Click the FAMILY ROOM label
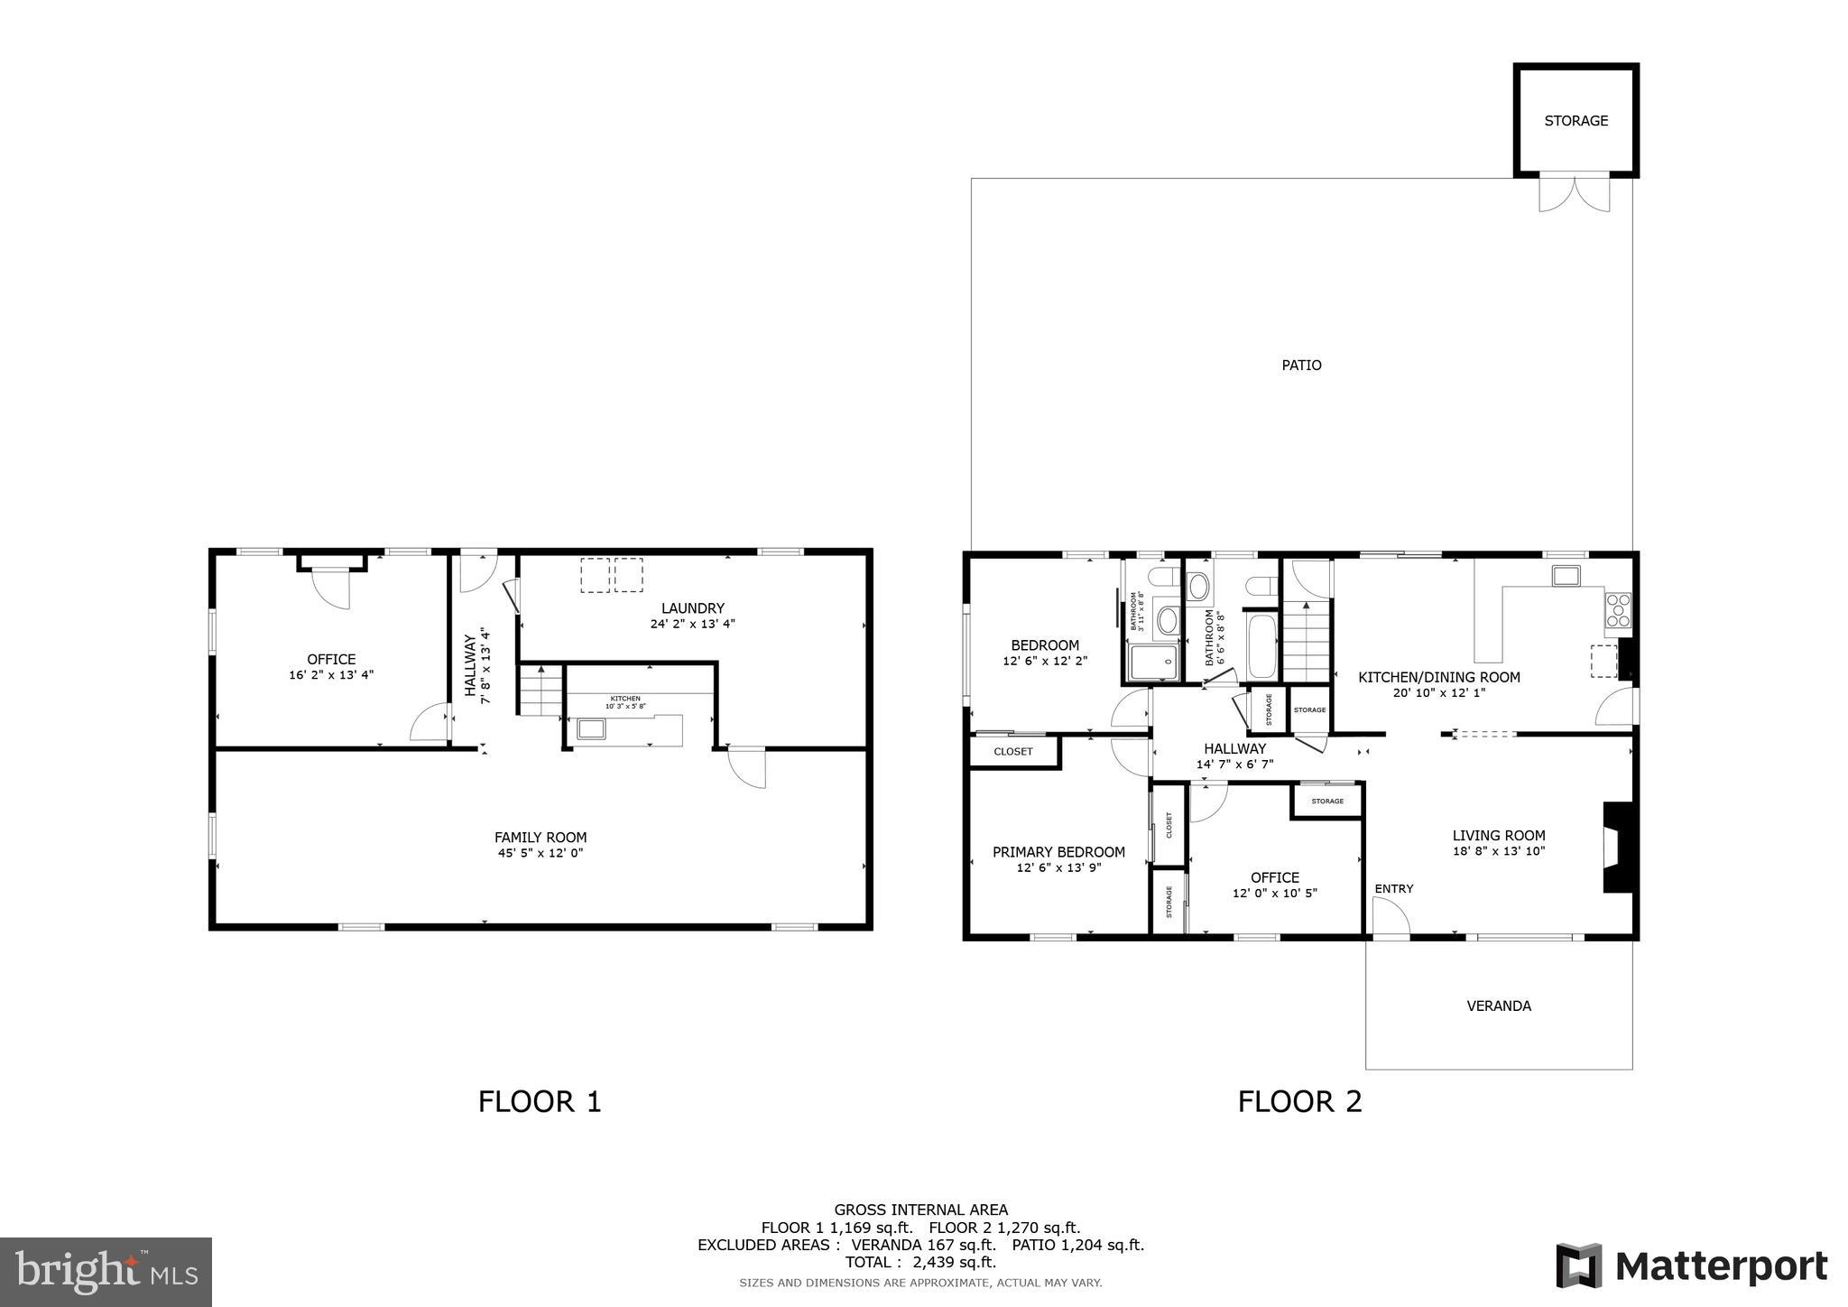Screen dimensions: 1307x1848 541,837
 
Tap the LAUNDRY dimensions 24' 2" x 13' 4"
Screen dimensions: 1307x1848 692,624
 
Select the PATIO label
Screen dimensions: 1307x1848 1301,366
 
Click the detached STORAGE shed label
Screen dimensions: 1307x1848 1575,121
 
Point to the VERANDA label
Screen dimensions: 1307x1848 1498,1006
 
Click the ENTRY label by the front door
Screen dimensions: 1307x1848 1393,889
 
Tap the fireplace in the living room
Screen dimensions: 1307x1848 1614,848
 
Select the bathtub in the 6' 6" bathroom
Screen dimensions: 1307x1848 1261,645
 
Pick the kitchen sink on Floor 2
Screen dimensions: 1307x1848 1565,575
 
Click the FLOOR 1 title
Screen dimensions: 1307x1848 540,1102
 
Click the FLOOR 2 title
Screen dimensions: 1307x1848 1299,1102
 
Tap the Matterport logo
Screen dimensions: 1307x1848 1690,1265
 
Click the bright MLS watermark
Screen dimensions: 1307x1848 106,1272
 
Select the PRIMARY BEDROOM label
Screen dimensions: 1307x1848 1058,852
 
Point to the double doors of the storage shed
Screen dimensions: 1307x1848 1574,193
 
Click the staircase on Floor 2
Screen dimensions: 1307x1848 1306,641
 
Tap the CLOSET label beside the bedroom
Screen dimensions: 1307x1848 1012,752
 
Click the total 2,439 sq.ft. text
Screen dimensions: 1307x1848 919,1262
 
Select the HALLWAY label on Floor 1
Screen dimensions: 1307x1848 470,665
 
